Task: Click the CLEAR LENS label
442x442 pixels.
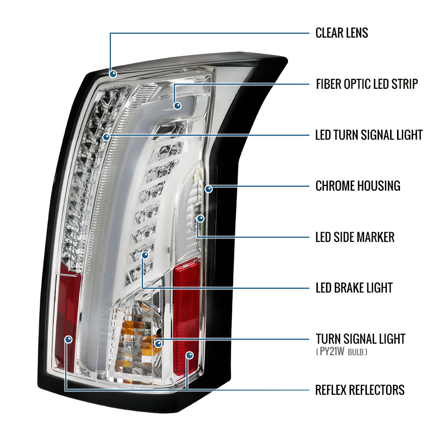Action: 341,33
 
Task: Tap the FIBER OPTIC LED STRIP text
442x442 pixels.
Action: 367,84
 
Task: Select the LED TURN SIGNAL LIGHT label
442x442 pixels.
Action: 369,135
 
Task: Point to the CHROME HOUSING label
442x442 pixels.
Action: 358,186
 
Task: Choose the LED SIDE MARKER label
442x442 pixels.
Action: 355,237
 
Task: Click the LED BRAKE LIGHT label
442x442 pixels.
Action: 354,288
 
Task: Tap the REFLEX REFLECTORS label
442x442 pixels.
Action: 360,390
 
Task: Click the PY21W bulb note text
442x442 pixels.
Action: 341,352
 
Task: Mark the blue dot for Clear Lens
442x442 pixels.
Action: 113,74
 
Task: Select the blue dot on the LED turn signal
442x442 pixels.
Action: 106,137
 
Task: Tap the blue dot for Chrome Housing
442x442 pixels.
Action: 208,189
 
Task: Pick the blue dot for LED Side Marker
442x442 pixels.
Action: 200,218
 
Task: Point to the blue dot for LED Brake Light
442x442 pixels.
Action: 145,255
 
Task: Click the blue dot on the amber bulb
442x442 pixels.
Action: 158,344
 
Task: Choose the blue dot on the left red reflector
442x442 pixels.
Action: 69,339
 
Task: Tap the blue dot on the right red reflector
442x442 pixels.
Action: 190,355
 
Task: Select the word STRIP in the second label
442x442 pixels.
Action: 404,84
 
